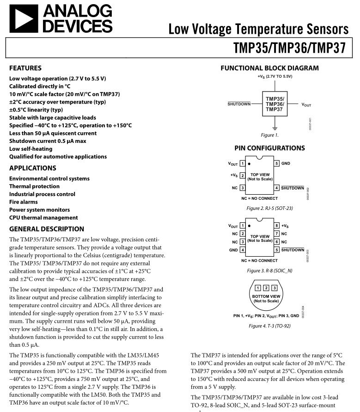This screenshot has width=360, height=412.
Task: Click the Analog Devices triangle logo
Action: [x=24, y=18]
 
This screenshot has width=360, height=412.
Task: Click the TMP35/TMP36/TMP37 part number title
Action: [x=290, y=48]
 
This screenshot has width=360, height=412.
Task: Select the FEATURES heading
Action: [x=25, y=68]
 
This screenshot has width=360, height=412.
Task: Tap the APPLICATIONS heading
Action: [x=33, y=168]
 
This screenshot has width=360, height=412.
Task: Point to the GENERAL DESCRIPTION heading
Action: [x=47, y=229]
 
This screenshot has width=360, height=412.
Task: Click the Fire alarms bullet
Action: [x=24, y=202]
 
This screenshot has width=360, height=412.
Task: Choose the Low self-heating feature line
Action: [x=31, y=149]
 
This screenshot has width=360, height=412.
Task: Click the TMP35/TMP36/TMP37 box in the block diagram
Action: [x=275, y=104]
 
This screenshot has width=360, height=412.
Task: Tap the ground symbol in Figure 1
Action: [x=275, y=128]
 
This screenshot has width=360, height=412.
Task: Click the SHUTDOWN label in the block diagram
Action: [x=239, y=104]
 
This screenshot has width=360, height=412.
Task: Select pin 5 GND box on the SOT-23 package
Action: [x=276, y=163]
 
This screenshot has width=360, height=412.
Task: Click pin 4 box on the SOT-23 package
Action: [x=276, y=188]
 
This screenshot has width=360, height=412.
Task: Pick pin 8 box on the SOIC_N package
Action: [x=276, y=226]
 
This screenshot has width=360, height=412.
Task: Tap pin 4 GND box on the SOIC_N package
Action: [x=243, y=250]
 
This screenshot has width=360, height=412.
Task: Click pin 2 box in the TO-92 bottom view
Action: [x=266, y=288]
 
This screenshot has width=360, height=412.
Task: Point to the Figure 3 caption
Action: [x=269, y=271]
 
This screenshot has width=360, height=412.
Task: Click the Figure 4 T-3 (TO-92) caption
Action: [x=269, y=326]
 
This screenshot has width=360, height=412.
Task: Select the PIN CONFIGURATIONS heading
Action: [x=270, y=148]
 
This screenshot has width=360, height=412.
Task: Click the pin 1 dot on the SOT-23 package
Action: [x=249, y=164]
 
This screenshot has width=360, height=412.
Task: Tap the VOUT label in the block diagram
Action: [x=306, y=105]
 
